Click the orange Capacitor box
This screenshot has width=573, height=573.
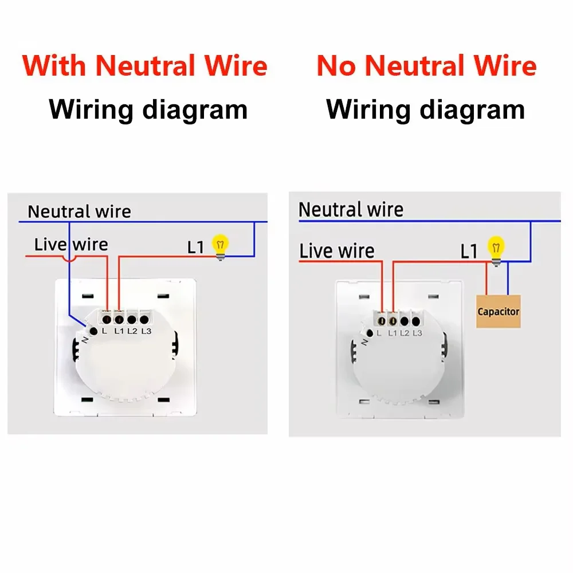point(498,311)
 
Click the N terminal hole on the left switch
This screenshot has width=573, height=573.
point(93,331)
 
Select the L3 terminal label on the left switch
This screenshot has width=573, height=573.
point(146,331)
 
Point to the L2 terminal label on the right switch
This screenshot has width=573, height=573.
point(404,333)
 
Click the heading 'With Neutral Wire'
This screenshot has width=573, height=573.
point(145,66)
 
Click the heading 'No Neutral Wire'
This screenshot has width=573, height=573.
point(426,66)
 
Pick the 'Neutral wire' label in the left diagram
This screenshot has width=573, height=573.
point(79,211)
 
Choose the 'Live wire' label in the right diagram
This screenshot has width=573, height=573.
point(336,251)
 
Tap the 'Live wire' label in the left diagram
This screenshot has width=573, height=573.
point(71,245)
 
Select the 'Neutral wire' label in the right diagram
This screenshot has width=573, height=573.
point(351,210)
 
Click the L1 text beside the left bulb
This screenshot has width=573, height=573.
point(195,248)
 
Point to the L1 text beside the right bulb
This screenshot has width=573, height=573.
point(469,252)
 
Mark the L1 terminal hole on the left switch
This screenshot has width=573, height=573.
point(119,320)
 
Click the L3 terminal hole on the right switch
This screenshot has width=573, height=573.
point(416,321)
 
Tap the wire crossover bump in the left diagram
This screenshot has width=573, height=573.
point(69,259)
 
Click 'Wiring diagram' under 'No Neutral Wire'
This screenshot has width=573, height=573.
point(425,109)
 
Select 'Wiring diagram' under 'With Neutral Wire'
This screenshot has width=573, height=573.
point(148,109)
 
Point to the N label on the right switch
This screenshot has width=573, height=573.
point(364,343)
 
